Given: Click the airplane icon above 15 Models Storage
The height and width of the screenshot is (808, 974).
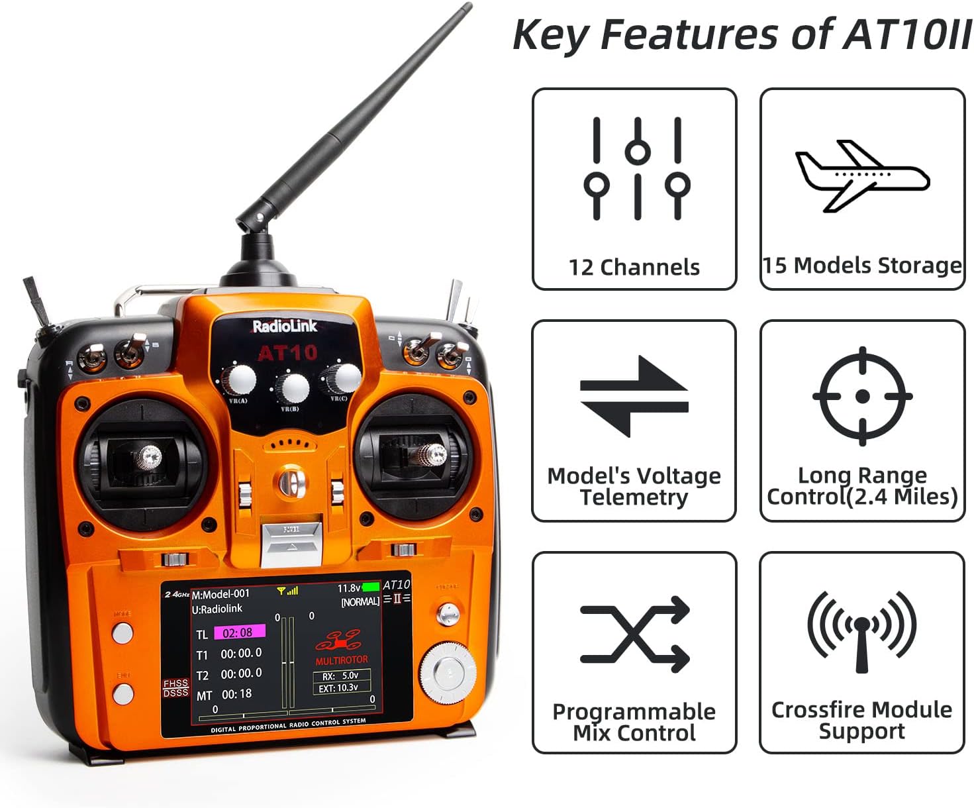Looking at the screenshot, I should (x=862, y=176).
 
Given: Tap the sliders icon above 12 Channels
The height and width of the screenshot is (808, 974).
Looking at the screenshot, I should (x=636, y=168).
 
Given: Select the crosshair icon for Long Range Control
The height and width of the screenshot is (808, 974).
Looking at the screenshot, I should (x=862, y=396).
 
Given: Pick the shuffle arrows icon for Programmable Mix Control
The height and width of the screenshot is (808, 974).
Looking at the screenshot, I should (x=634, y=634).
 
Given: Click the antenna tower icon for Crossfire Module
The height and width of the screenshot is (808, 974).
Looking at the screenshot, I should (x=861, y=632).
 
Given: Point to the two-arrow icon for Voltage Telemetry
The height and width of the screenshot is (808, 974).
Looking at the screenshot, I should (x=634, y=396).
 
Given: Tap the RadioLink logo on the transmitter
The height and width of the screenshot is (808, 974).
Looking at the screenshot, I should (x=285, y=327).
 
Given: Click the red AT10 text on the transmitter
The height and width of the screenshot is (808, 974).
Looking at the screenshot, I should (x=287, y=353).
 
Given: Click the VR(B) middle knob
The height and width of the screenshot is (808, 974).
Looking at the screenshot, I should (x=292, y=387).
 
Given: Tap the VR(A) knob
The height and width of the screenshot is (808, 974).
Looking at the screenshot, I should (x=240, y=379).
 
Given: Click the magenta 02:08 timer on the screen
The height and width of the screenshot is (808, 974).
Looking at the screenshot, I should (x=239, y=632).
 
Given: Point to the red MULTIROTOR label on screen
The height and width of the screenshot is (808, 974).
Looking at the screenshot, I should (x=342, y=660).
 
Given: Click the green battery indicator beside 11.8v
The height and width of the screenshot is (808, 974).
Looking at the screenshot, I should (x=371, y=587).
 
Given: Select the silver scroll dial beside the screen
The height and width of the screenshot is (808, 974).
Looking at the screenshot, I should (x=448, y=672).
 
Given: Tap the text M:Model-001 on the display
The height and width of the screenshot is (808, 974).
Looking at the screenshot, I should (x=220, y=594).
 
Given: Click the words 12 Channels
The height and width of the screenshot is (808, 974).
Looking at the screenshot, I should (x=634, y=267).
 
